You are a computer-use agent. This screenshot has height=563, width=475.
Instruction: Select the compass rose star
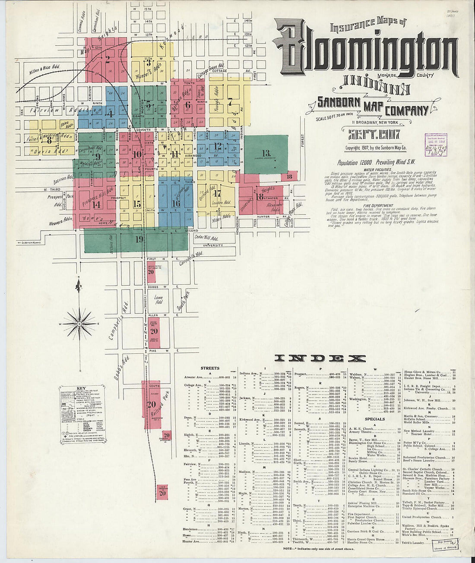pyautogui.click(x=80, y=323)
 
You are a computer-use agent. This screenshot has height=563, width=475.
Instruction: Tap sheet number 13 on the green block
pyautogui.click(x=266, y=153)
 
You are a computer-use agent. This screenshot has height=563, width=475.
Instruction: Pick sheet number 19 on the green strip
pyautogui.click(x=139, y=239)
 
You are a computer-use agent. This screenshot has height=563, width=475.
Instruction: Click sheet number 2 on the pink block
pyautogui.click(x=108, y=59)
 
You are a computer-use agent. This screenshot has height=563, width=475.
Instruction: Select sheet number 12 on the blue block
pyautogui.click(x=218, y=145)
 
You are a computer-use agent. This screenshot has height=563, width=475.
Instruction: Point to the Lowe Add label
pyautogui.click(x=158, y=300)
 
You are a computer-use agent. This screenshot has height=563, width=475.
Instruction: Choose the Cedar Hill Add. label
pyautogui.click(x=206, y=238)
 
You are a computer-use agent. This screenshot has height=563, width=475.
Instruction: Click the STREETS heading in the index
pyautogui.click(x=210, y=368)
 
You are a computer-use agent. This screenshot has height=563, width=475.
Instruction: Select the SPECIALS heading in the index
pyautogui.click(x=375, y=418)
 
